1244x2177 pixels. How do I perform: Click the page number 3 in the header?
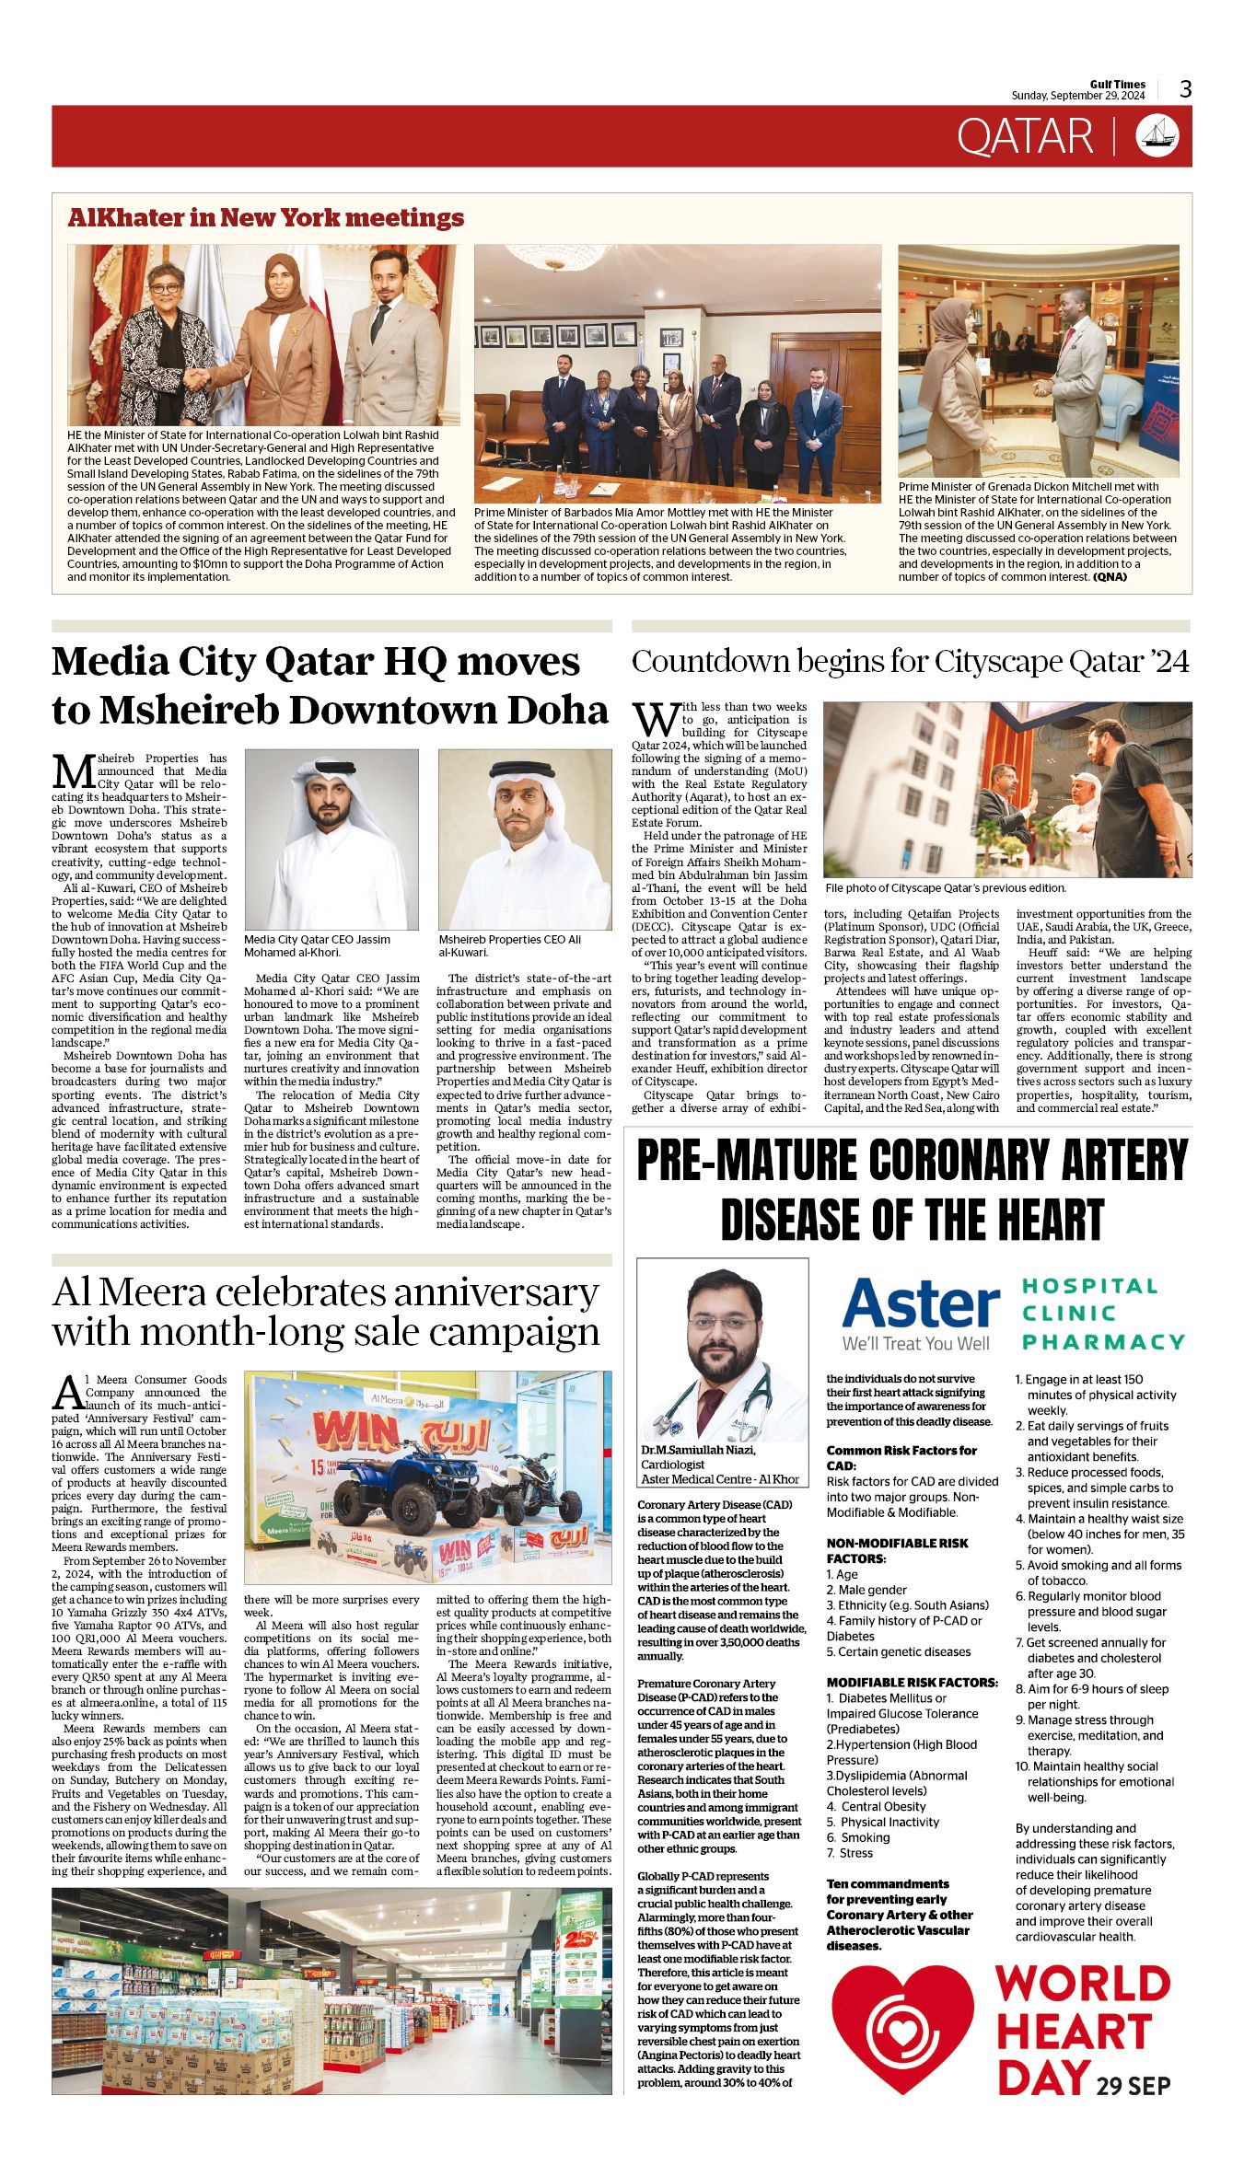pos(1186,89)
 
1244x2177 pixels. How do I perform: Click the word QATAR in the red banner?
pos(1024,136)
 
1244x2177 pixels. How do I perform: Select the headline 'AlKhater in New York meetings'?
pos(265,218)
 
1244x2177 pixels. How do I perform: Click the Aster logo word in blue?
pos(920,1304)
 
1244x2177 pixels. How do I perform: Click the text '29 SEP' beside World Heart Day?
pos(1133,2085)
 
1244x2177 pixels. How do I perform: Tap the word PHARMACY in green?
pos(1102,1342)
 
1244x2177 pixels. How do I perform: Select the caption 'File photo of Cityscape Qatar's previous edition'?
pos(946,888)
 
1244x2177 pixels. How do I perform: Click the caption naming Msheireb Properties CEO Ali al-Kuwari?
pos(509,945)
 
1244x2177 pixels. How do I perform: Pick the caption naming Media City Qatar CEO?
pos(317,945)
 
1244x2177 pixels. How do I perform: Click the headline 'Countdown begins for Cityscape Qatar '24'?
pos(910,661)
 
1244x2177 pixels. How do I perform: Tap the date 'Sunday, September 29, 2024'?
pos(1077,96)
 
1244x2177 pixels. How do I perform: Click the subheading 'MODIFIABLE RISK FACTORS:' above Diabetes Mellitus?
pos(912,1682)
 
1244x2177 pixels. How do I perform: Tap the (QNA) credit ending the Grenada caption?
pos(1110,577)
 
